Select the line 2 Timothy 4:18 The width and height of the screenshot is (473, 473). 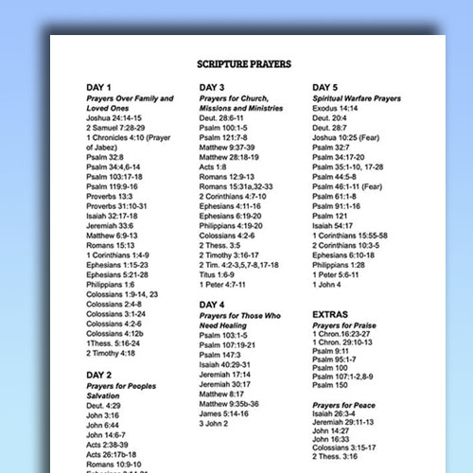click(110, 353)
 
